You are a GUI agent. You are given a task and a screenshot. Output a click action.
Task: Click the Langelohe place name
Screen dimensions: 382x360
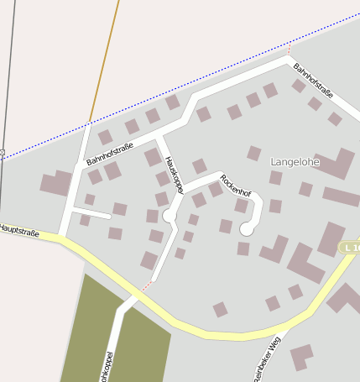pyautogui.click(x=295, y=160)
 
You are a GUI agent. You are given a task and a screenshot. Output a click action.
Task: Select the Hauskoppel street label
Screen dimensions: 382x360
pyautogui.click(x=174, y=175)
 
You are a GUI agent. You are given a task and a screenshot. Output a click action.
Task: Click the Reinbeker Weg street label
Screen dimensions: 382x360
pyautogui.click(x=266, y=358)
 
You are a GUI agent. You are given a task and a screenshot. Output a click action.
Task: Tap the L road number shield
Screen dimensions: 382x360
pyautogui.click(x=350, y=248)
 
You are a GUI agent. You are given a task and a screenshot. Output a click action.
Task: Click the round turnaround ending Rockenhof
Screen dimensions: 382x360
pyautogui.click(x=246, y=228)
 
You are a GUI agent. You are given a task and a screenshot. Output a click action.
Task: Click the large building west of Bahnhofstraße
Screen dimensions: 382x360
pyautogui.click(x=57, y=183)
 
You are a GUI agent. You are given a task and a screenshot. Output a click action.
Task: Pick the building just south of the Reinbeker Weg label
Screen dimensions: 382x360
pyautogui.click(x=300, y=356)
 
